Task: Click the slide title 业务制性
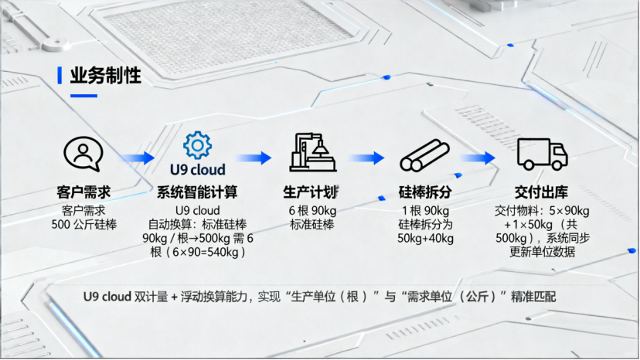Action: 105,76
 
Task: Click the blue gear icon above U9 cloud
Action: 197,144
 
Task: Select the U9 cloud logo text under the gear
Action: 197,169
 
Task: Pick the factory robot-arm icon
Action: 313,151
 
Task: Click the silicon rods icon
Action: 425,155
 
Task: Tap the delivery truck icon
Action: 541,155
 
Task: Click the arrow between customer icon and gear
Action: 137,158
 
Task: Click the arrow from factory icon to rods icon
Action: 366,158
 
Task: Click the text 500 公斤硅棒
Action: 83,224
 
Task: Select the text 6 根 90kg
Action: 313,210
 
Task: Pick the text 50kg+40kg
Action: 426,238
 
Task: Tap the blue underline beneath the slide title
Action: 83,96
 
